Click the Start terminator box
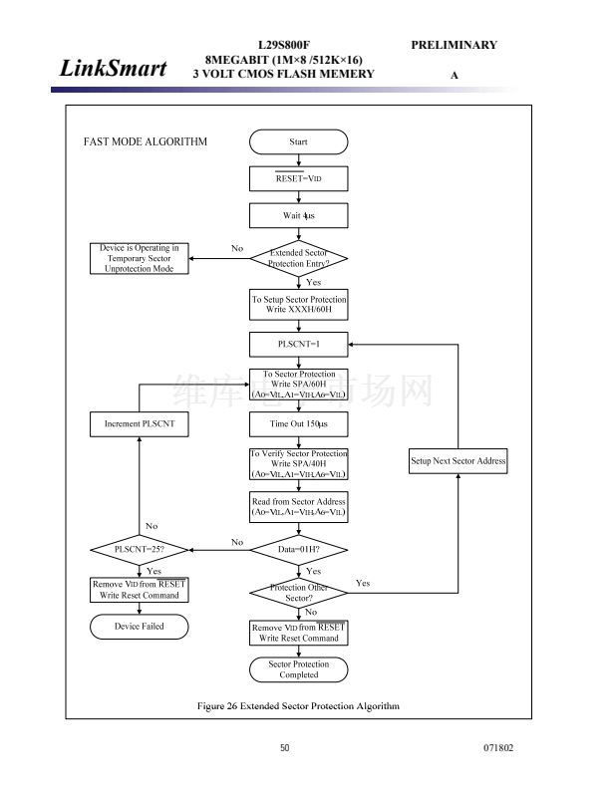pos(298,141)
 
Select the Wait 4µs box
pos(298,215)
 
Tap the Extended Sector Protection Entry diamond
pos(298,259)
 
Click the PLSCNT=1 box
pos(298,344)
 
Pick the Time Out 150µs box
pos(298,424)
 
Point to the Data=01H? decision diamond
pos(298,549)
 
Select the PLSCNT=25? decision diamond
pos(139,549)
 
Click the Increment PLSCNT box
pos(139,424)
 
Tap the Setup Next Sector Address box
pos(458,461)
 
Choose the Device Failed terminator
pos(139,627)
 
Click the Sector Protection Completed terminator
pos(298,669)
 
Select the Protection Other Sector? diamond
pos(298,593)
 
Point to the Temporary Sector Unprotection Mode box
pos(139,259)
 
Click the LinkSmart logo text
pos(113,69)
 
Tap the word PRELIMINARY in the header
pos(454,45)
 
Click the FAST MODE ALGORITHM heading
pos(145,141)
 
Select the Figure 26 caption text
pos(298,705)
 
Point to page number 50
pos(284,748)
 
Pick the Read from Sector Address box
pos(298,506)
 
